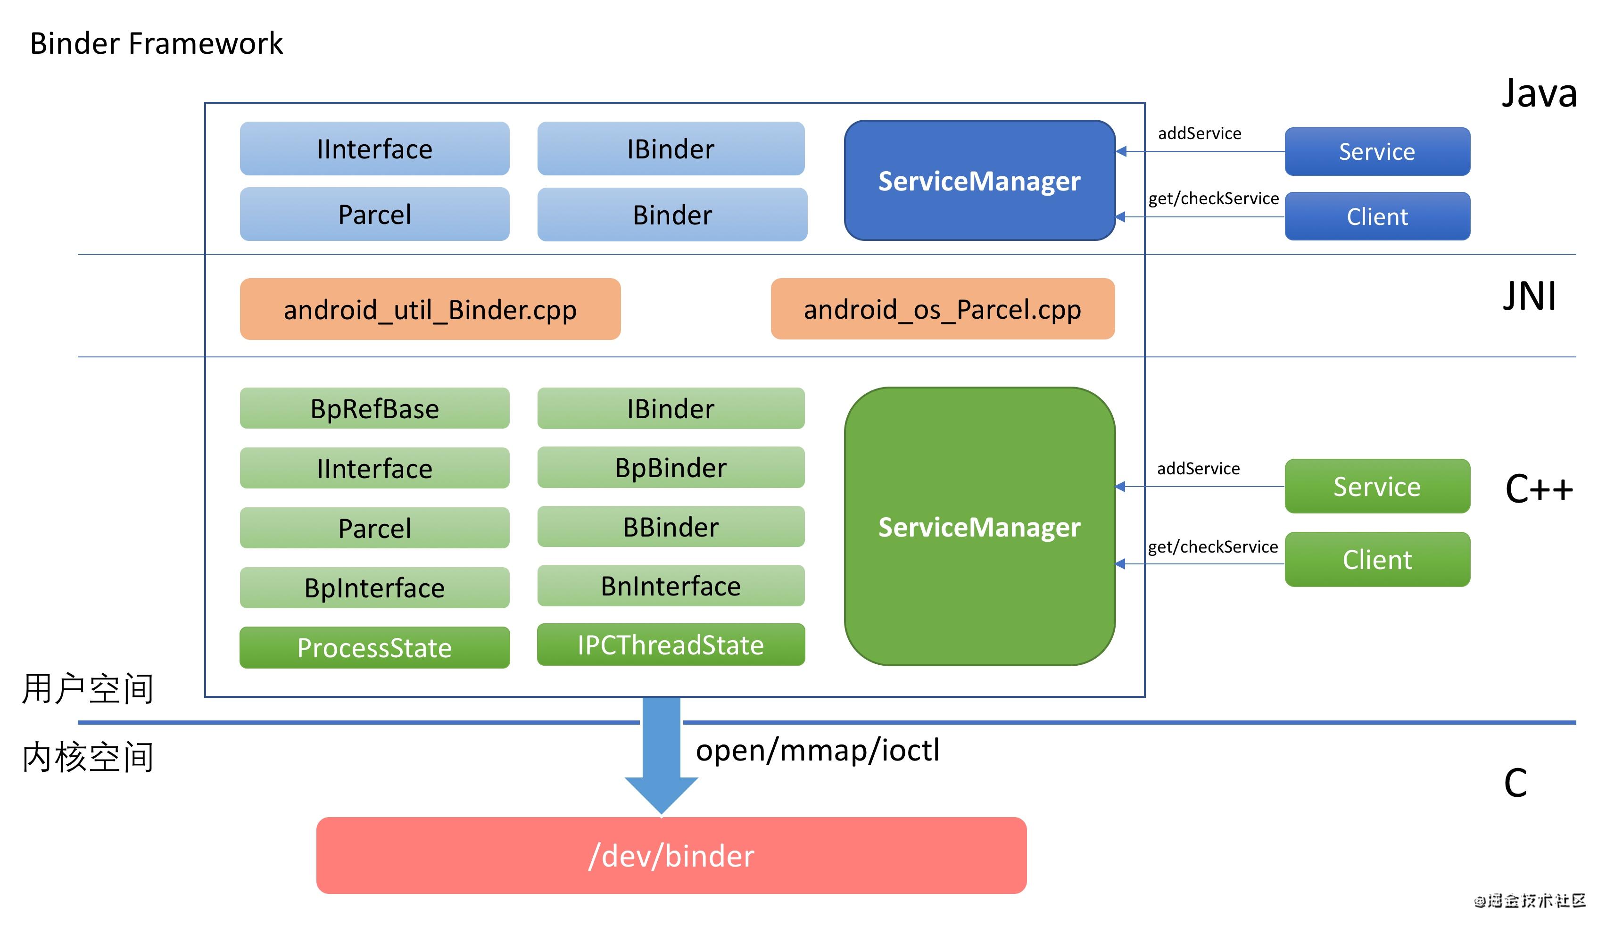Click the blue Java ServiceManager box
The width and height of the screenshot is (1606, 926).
(x=979, y=181)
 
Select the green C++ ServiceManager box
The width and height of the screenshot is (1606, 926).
(x=979, y=527)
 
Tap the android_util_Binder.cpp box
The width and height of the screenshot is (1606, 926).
(x=430, y=309)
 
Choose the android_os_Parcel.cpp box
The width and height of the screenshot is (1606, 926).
(x=942, y=309)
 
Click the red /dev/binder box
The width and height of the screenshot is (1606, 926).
(x=671, y=855)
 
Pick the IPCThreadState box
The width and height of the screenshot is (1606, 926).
(x=671, y=645)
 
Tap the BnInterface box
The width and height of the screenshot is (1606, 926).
(x=671, y=586)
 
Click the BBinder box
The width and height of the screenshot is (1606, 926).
(x=671, y=527)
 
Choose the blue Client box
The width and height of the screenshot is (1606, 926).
(x=1377, y=216)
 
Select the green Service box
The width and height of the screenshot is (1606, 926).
(x=1377, y=487)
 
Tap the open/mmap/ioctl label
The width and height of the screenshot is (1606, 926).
(x=817, y=750)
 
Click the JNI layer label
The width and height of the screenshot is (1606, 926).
(x=1529, y=297)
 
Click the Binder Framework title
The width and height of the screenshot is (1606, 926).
(x=156, y=43)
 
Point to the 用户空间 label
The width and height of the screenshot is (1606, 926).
(x=88, y=689)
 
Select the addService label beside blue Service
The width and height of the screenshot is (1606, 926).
(x=1199, y=133)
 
